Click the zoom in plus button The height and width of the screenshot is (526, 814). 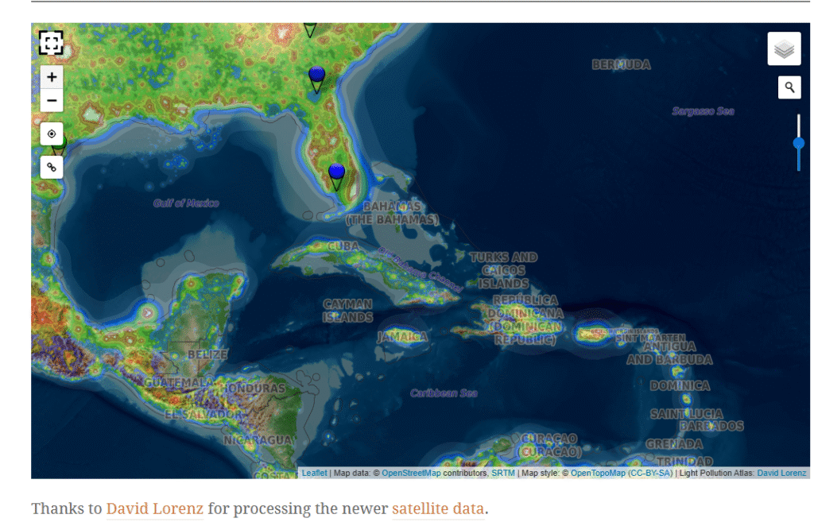pos(52,77)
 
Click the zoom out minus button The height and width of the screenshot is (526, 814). pos(52,100)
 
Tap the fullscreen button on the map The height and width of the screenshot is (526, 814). pos(51,43)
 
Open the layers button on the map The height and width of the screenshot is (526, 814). pos(784,49)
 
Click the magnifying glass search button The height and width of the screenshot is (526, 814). pos(789,87)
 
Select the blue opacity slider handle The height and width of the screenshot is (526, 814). pos(799,143)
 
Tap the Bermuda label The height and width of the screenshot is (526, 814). pos(621,65)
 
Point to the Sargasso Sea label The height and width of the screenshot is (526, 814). pos(703,111)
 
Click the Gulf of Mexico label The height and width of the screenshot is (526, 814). pos(186,203)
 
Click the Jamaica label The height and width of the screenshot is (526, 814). pos(401,337)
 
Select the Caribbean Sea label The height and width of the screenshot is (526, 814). pos(444,393)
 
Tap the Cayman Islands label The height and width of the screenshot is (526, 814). pos(347,311)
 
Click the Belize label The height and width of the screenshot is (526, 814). pos(207,354)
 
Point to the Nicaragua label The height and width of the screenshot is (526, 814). pos(258,440)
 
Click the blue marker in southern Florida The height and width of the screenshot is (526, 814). pos(336,173)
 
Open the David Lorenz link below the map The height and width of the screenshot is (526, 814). pos(155,509)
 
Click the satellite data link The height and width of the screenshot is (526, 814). pos(437,509)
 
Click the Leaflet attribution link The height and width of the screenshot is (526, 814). pos(314,474)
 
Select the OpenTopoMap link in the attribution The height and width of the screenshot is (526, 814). pos(599,474)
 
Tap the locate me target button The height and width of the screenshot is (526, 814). pos(52,133)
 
